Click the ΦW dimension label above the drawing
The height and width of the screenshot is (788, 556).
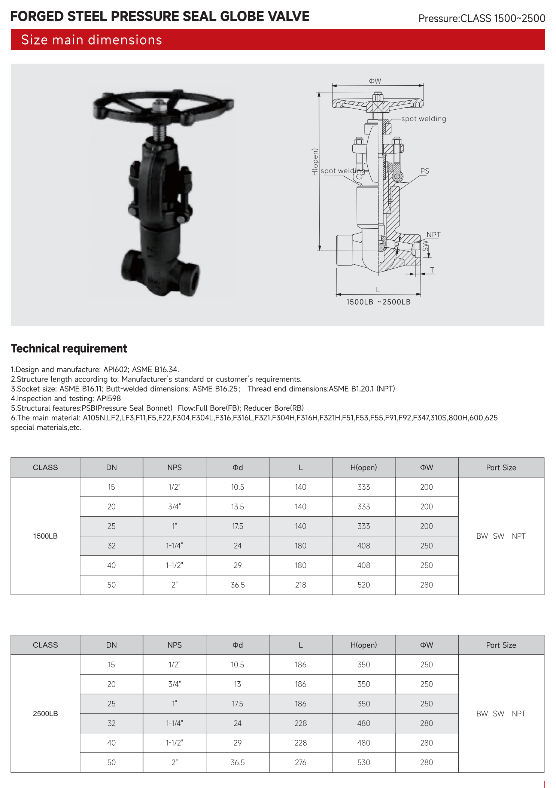tap(375, 81)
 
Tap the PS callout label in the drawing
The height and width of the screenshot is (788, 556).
tap(425, 171)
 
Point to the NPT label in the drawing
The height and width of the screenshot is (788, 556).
tap(434, 235)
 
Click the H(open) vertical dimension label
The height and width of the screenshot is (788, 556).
tap(315, 162)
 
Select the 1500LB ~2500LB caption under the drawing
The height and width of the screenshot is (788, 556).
tap(378, 302)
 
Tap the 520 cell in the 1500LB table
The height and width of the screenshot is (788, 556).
tap(364, 585)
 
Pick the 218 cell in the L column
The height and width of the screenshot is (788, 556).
tap(301, 585)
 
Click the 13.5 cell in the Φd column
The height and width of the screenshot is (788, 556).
tap(237, 506)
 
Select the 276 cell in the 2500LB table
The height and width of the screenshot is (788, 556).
tap(301, 762)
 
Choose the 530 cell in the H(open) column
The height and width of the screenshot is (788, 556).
tap(364, 762)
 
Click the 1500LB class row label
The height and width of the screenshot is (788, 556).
tap(45, 536)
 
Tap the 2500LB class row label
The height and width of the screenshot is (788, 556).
tap(45, 714)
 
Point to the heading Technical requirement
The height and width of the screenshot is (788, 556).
tap(69, 349)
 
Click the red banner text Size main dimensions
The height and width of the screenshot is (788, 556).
tap(92, 40)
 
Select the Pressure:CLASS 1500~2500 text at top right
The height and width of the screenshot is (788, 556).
tap(481, 18)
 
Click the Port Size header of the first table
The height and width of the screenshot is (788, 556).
tap(501, 468)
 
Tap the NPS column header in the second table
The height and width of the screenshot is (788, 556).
tap(174, 645)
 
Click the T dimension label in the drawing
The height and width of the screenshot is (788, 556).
tap(432, 270)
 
